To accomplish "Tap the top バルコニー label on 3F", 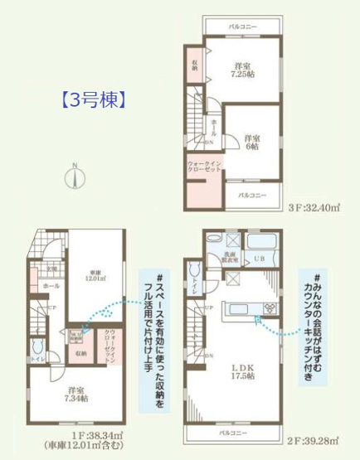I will point(242,27).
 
